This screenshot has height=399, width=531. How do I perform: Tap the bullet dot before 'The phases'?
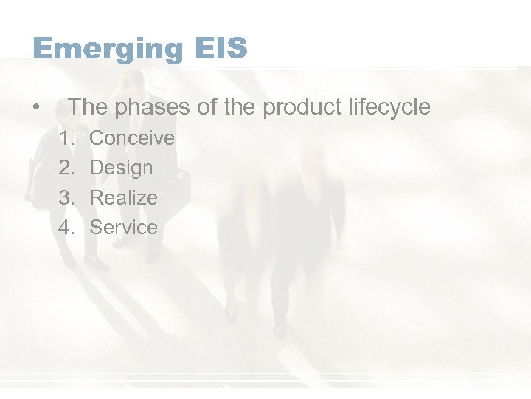[x=37, y=108]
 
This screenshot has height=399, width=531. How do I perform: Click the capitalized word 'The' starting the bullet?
[x=88, y=107]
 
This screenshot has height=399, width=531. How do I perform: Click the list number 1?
[x=66, y=138]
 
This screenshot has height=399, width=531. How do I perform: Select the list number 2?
[x=66, y=168]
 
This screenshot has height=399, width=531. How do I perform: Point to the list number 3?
[x=66, y=198]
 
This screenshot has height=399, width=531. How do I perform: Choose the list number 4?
[x=66, y=228]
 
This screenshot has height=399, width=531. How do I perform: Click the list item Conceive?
[x=132, y=138]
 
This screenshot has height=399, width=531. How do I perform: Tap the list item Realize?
[x=123, y=198]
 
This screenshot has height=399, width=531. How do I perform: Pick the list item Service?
[x=123, y=228]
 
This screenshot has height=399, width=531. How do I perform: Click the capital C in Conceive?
[x=96, y=138]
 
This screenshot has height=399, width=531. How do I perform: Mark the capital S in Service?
[x=95, y=228]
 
